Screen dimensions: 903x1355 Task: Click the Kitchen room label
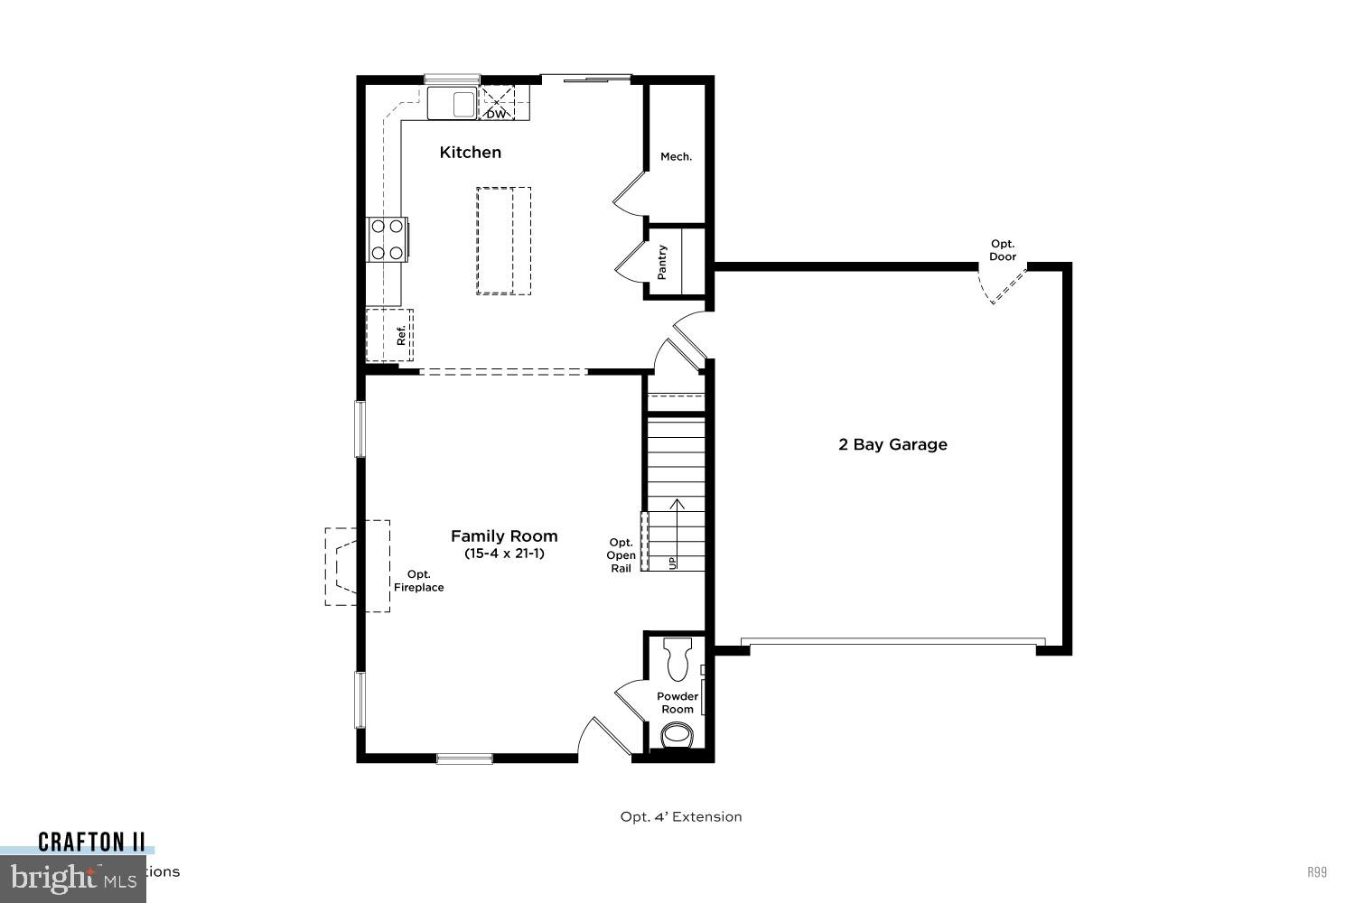(470, 153)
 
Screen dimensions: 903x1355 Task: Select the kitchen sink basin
(452, 103)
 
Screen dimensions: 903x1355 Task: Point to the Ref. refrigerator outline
(389, 335)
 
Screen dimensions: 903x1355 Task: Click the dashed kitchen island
(503, 240)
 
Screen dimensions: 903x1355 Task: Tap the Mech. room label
(676, 157)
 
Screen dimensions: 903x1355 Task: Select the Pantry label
(662, 262)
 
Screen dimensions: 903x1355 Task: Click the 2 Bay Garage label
(892, 444)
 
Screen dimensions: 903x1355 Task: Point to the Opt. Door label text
(1003, 250)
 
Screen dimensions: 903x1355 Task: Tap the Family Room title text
(504, 536)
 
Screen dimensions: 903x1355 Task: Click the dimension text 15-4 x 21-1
(504, 554)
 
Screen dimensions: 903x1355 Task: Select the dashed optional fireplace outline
(359, 566)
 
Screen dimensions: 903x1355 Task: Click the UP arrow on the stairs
(674, 533)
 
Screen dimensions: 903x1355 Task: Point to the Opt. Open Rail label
(621, 555)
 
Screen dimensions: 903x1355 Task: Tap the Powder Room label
(677, 703)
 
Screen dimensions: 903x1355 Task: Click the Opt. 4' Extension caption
(681, 817)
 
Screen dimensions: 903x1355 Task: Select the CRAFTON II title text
(91, 842)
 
